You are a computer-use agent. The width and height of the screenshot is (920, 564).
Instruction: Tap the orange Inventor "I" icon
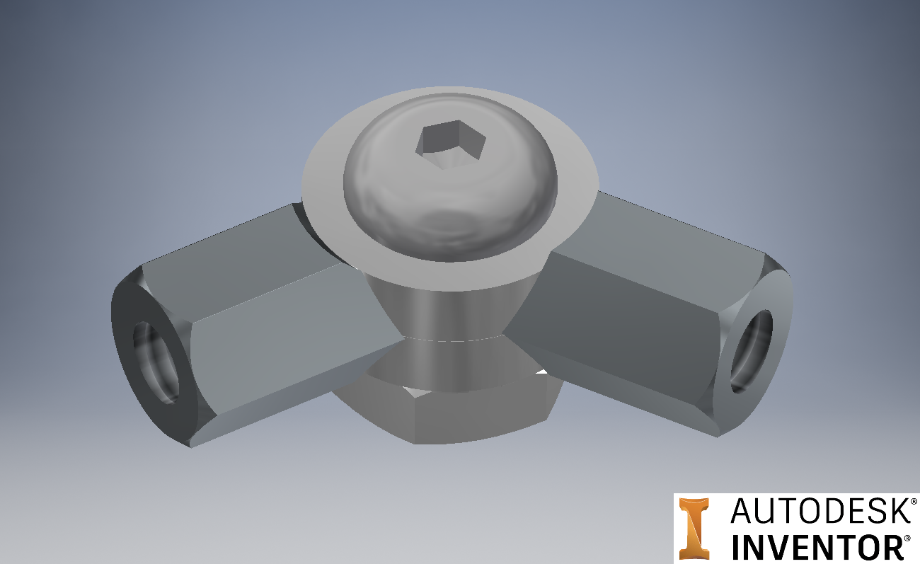click(x=694, y=528)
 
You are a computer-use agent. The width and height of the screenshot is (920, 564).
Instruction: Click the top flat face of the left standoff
click(x=234, y=241)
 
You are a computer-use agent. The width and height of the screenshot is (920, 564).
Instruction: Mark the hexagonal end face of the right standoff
click(x=754, y=347)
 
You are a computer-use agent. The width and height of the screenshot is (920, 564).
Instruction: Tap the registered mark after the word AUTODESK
click(x=914, y=500)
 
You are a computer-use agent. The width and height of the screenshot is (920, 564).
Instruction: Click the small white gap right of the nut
click(x=542, y=370)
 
